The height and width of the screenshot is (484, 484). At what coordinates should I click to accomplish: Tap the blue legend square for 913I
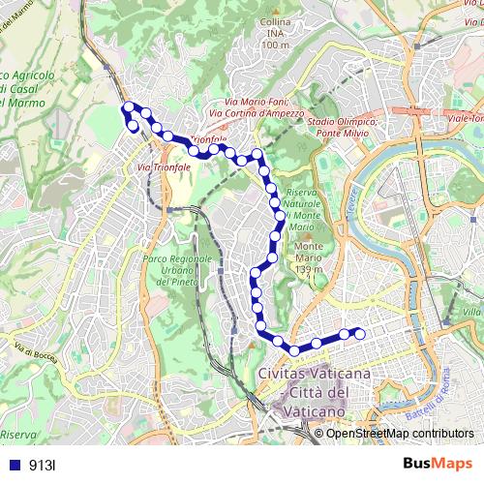(15, 466)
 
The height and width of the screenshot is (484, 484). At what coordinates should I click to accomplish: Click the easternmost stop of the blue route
(360, 334)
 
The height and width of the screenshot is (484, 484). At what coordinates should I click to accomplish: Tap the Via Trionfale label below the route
(165, 166)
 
